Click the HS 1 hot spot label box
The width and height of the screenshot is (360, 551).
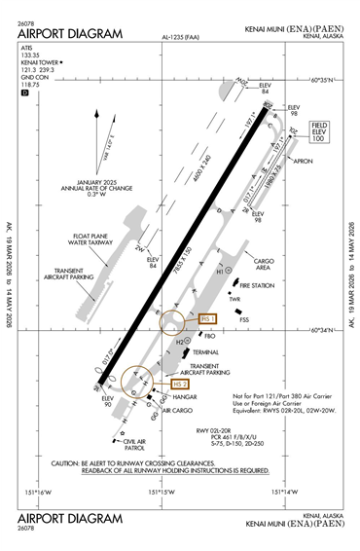(x=207, y=318)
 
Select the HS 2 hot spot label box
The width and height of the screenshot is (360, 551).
(x=179, y=384)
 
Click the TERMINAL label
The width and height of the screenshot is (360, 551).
(x=205, y=351)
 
